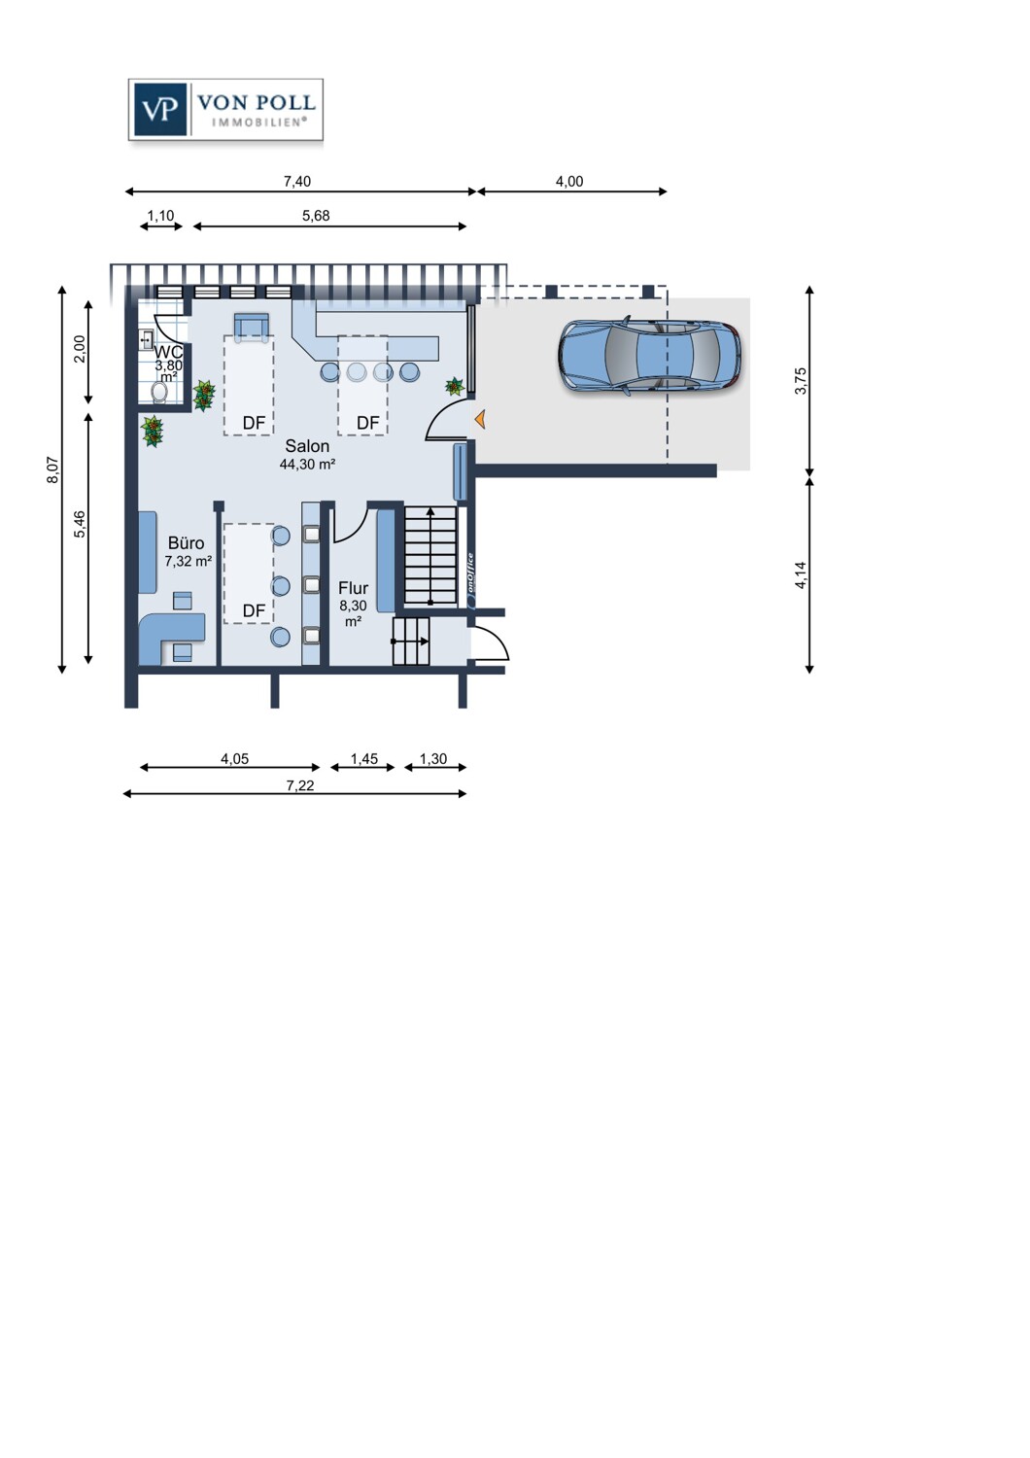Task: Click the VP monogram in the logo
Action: point(158,110)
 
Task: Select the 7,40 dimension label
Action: point(296,182)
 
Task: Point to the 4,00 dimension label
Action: point(569,182)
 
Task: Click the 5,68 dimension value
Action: point(316,216)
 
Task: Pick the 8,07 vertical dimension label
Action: point(53,469)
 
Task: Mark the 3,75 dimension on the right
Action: point(801,381)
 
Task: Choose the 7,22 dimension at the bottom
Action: point(300,785)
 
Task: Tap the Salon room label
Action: point(307,446)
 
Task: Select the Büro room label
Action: point(187,542)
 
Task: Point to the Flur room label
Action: point(354,588)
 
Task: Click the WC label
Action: point(168,352)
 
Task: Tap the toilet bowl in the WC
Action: point(159,392)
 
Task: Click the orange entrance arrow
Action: point(480,420)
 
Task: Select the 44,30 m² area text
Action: point(307,464)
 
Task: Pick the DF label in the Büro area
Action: point(254,610)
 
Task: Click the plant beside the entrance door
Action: point(455,387)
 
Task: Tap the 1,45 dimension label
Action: point(363,758)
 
